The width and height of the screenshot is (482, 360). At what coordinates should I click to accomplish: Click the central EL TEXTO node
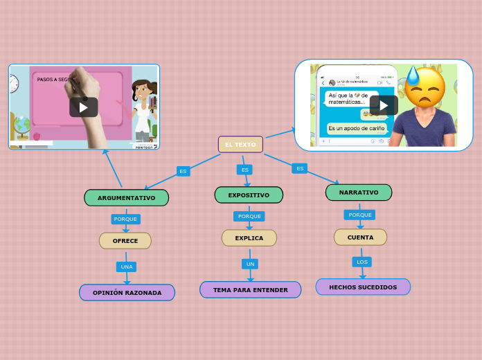(240, 144)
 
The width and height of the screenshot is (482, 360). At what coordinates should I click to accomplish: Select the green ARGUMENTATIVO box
(126, 198)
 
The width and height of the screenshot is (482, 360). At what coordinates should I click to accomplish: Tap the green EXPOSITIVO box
(249, 195)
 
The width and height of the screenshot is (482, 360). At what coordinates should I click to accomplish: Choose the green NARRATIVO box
(359, 192)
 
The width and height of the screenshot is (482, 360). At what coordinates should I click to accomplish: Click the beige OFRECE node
(125, 241)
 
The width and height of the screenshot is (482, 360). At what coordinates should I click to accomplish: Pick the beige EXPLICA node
(249, 238)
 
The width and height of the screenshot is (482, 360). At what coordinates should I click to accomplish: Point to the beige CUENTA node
(360, 237)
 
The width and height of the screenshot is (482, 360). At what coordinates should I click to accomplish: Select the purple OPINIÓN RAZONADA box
(127, 293)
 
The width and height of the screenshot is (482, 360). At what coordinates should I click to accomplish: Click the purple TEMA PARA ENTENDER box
(250, 290)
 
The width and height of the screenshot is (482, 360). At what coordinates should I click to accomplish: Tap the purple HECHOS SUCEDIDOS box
(363, 287)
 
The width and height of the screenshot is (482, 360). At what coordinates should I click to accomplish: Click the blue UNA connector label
(126, 267)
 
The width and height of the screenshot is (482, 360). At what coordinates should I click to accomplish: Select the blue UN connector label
(251, 264)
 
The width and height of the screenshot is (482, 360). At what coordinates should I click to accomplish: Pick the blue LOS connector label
(361, 262)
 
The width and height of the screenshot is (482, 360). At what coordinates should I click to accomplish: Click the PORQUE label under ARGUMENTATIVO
(125, 219)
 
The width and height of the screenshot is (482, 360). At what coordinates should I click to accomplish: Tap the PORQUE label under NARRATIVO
(360, 215)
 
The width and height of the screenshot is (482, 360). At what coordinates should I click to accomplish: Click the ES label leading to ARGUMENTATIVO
(183, 171)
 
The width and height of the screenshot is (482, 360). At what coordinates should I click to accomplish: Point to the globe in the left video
(22, 125)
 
